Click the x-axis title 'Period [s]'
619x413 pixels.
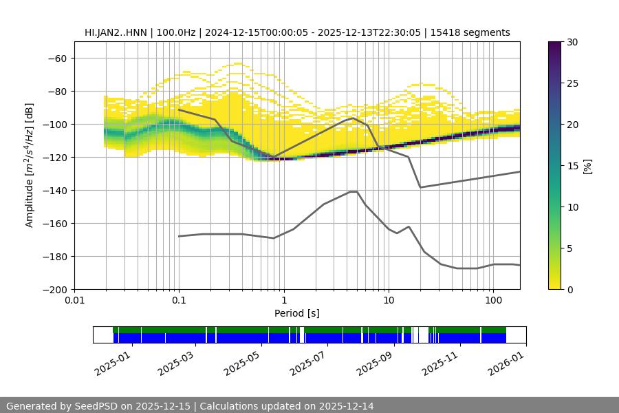click(296, 313)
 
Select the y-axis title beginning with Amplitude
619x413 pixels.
click(30, 166)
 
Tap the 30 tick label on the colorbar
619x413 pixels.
click(571, 42)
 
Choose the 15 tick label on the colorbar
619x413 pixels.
click(571, 166)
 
